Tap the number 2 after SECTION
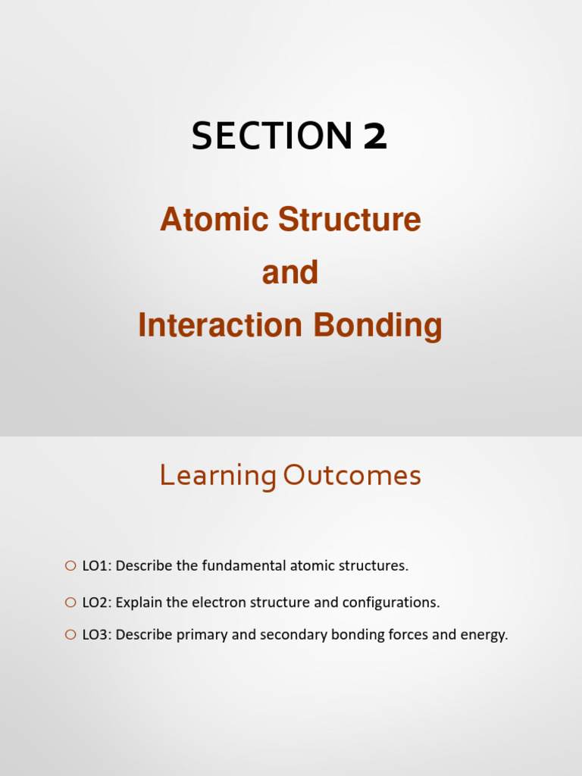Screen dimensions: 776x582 pos(375,136)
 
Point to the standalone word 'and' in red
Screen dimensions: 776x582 pos(290,273)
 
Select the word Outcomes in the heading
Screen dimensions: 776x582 pos(352,476)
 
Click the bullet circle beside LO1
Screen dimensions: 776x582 pos(70,565)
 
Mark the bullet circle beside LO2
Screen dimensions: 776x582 pos(70,602)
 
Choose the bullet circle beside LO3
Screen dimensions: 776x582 pos(70,634)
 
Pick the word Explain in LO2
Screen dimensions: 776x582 pos(138,603)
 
